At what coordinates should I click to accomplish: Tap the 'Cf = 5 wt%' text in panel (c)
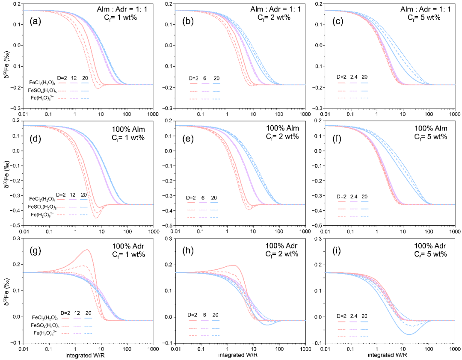click(422, 18)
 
